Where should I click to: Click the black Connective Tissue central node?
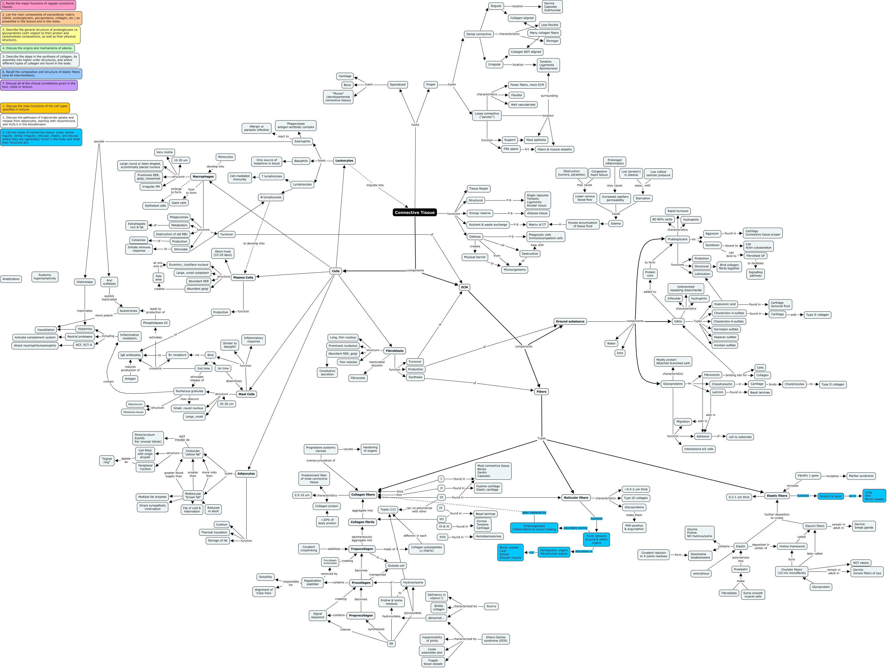[x=415, y=213]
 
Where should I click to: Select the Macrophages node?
[x=203, y=177]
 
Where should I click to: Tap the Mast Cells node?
[x=246, y=394]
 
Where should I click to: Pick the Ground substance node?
[x=570, y=321]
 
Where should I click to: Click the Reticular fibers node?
[x=576, y=497]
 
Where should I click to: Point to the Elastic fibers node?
[x=777, y=496]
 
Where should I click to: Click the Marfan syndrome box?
[x=861, y=476]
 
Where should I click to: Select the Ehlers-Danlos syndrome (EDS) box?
[x=496, y=639]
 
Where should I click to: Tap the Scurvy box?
[x=491, y=606]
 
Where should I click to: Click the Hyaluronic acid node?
[x=725, y=304]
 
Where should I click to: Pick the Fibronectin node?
[x=712, y=375]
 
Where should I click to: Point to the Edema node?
[x=616, y=224]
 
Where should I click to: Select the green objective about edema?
[x=37, y=48]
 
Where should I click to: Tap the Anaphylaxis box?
[x=11, y=279]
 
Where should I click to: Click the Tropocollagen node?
[x=362, y=549]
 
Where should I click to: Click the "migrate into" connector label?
[x=375, y=185]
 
